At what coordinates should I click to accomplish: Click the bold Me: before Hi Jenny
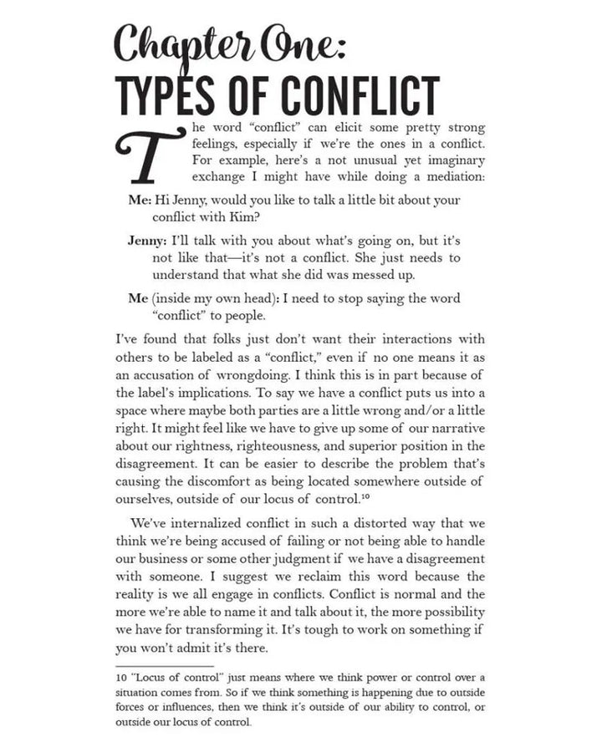click(x=140, y=201)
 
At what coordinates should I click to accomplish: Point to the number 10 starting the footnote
click(x=122, y=677)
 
